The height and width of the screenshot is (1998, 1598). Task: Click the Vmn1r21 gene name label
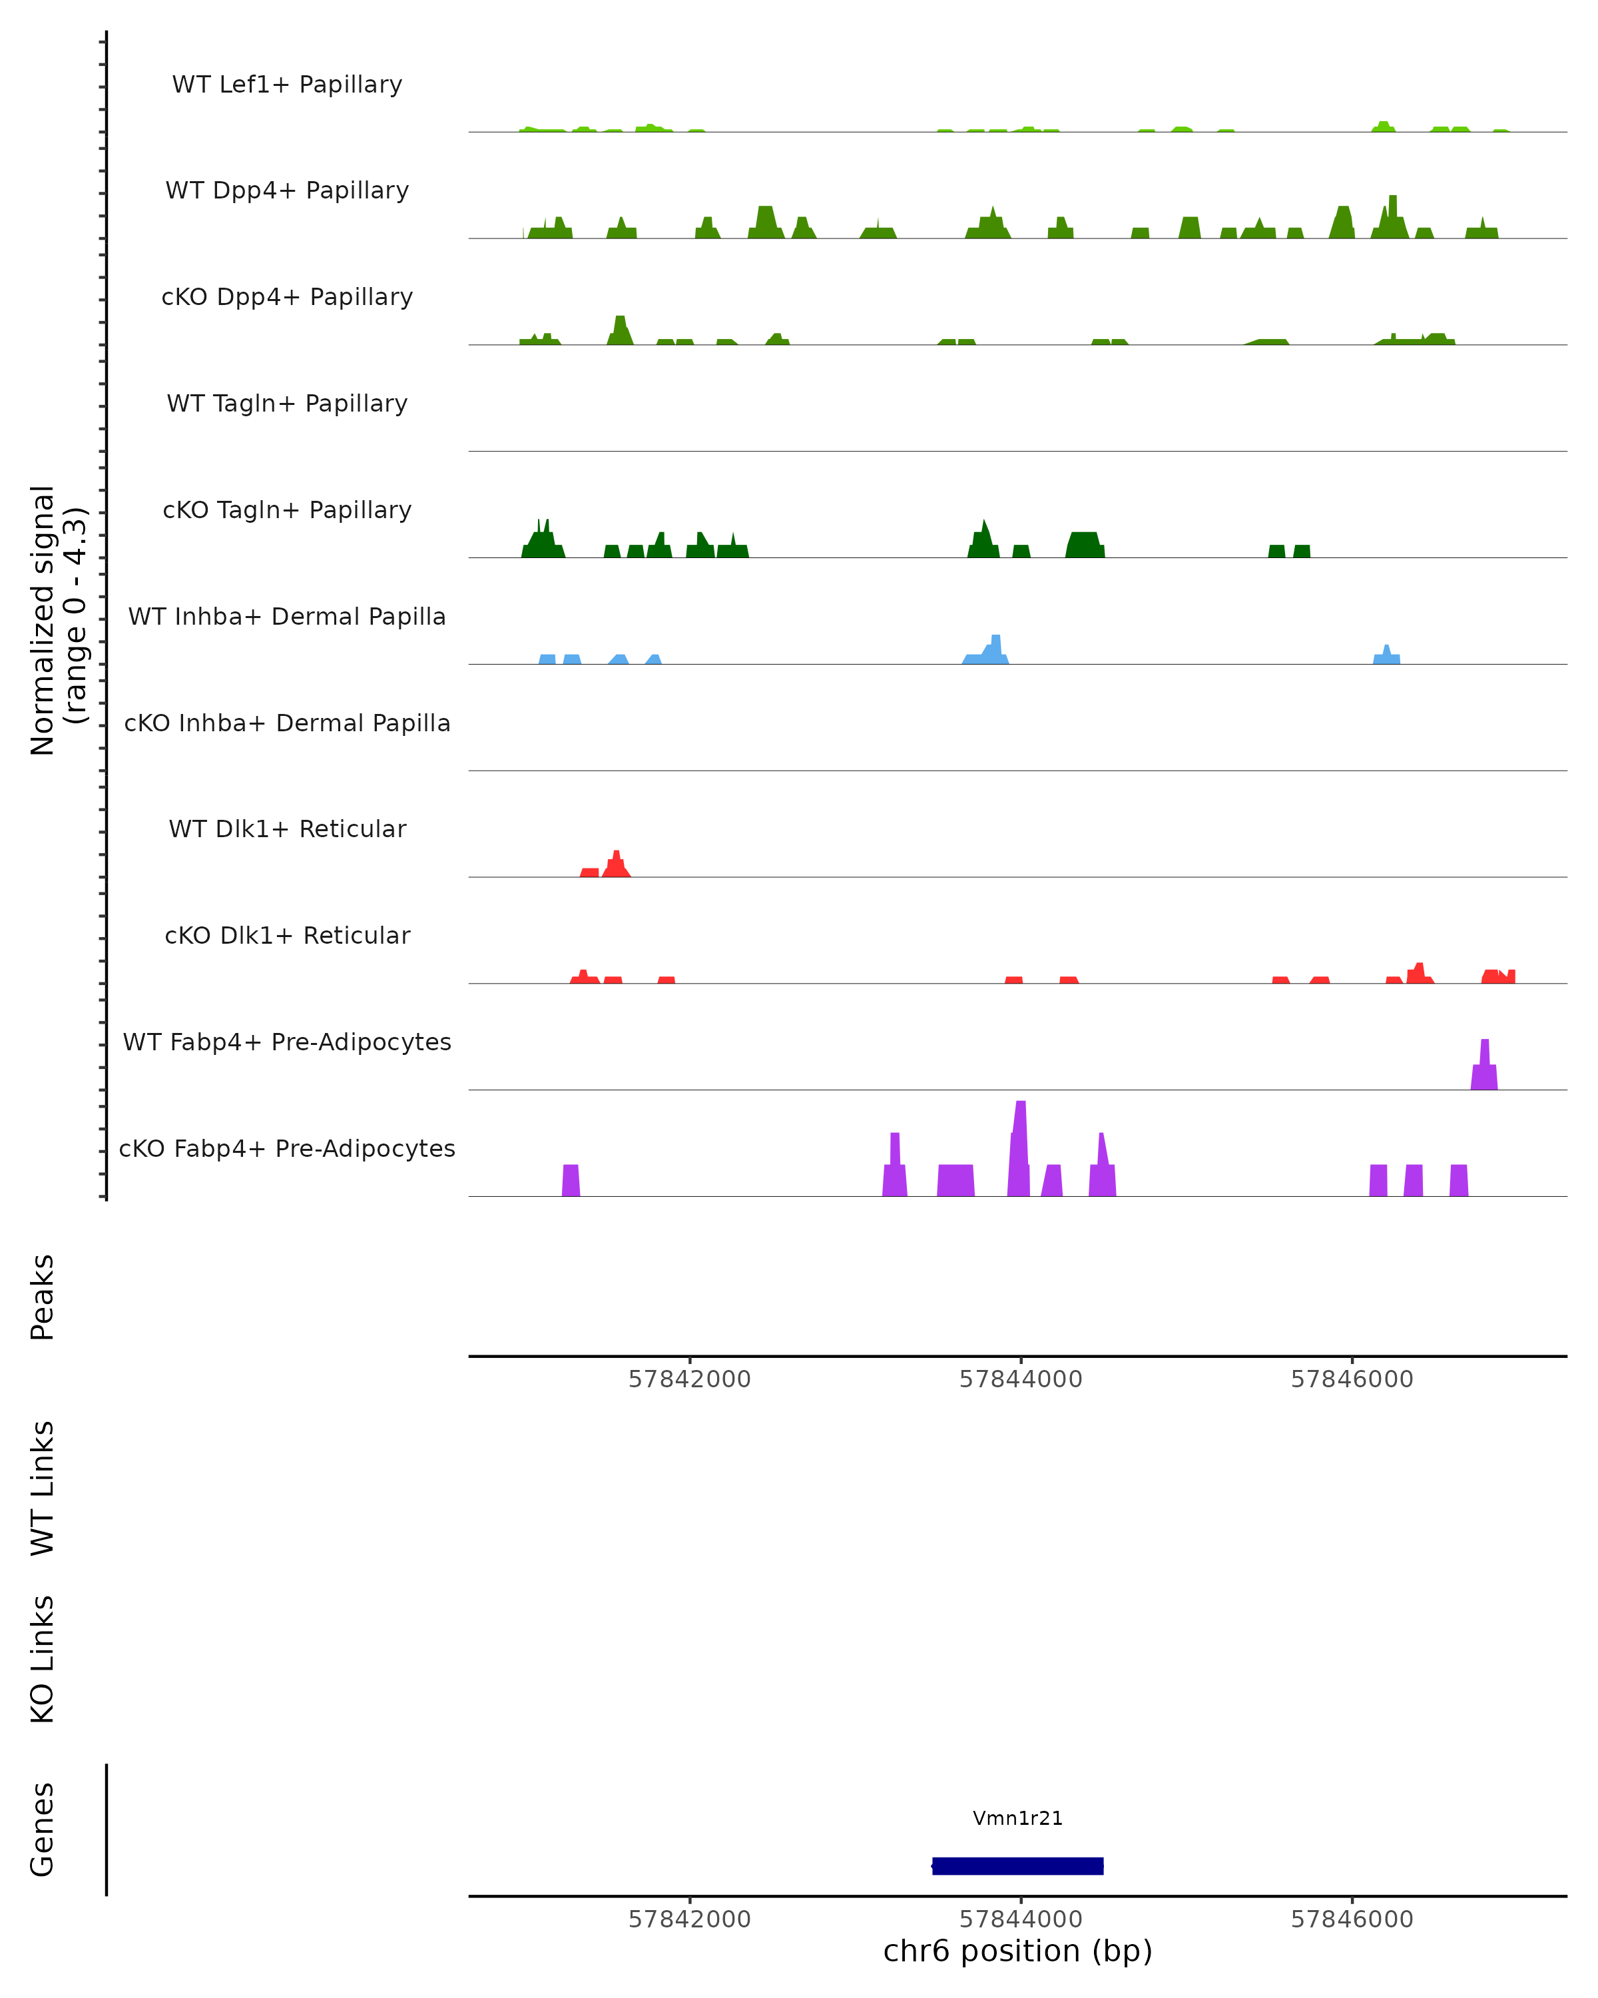coord(1017,1818)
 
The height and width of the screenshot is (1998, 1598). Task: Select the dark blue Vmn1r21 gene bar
coord(1017,1865)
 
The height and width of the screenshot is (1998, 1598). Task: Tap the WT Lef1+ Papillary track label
coord(287,85)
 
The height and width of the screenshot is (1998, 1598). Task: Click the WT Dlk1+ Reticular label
coord(287,829)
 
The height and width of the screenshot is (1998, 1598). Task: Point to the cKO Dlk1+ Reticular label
coord(287,935)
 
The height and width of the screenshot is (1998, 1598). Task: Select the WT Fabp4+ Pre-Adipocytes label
coord(287,1042)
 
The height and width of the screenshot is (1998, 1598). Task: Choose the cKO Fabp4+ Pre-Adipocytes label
coord(287,1148)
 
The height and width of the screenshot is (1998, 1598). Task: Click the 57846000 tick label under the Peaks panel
coord(1352,1379)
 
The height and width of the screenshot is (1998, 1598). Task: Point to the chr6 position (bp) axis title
coord(1017,1951)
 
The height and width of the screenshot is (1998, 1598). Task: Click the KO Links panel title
coord(43,1659)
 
